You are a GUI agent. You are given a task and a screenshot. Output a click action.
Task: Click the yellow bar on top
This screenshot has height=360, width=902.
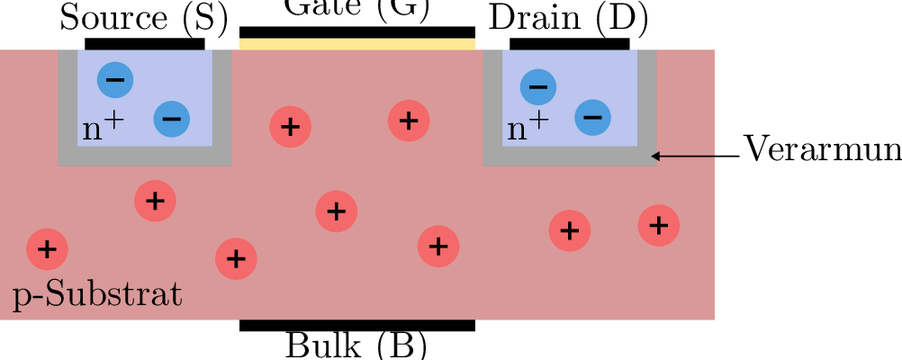click(x=356, y=44)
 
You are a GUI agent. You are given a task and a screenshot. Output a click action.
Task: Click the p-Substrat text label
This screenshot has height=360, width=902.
click(x=97, y=295)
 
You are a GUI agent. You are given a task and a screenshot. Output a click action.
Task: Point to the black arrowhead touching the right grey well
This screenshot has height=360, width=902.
click(x=655, y=157)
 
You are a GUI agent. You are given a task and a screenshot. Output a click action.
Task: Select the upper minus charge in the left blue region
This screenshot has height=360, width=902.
click(x=115, y=80)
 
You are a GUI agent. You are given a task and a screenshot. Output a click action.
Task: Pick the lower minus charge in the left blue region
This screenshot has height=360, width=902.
click(x=172, y=119)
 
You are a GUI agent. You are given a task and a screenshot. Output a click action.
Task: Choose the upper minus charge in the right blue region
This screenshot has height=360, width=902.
click(x=538, y=87)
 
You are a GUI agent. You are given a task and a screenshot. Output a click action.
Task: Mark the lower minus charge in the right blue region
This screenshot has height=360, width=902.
click(x=592, y=117)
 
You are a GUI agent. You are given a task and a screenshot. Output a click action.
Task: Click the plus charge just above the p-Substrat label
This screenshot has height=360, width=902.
click(x=47, y=249)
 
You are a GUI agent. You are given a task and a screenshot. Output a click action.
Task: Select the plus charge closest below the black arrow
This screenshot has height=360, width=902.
click(x=659, y=225)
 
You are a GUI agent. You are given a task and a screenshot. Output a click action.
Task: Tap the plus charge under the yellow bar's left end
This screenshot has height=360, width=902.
click(x=290, y=127)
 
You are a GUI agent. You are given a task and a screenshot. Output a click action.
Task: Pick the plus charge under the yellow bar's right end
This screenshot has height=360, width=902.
click(x=409, y=120)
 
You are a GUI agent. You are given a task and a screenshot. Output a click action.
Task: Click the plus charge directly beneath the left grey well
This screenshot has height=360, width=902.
click(x=155, y=201)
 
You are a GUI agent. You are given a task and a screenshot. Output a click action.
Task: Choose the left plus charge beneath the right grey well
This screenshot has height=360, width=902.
click(x=570, y=231)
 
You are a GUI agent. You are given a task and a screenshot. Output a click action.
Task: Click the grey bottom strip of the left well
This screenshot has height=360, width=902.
click(x=145, y=156)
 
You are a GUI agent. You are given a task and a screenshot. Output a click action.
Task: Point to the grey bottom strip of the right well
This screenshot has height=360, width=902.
click(x=569, y=156)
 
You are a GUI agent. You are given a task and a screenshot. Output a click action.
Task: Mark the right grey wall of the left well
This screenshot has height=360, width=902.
click(x=222, y=99)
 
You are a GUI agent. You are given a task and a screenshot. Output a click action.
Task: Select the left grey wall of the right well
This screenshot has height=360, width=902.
click(x=492, y=99)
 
